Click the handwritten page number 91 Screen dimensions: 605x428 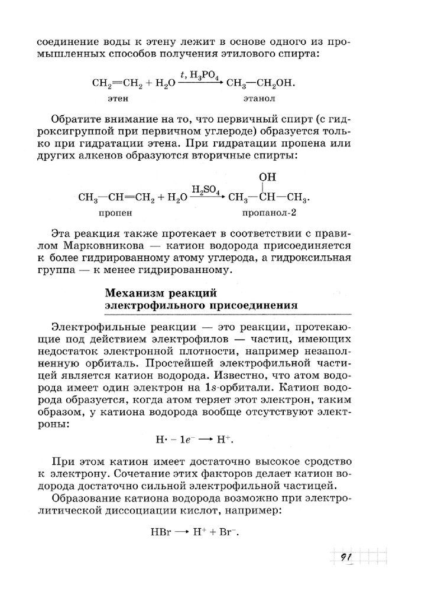pyautogui.click(x=346, y=557)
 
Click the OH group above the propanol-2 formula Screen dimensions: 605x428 pyautogui.click(x=267, y=176)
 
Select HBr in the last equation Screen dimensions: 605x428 pyautogui.click(x=161, y=531)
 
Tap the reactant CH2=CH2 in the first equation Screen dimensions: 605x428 pyautogui.click(x=118, y=83)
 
